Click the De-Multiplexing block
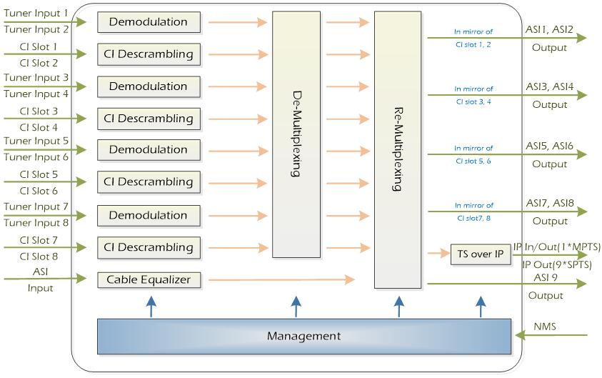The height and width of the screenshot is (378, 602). click(x=296, y=134)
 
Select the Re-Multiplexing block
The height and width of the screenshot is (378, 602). click(x=398, y=150)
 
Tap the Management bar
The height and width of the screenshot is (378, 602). click(x=303, y=336)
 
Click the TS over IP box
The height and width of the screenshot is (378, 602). click(x=481, y=254)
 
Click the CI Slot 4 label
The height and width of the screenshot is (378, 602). click(x=39, y=127)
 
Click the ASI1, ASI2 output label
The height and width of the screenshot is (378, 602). click(x=549, y=29)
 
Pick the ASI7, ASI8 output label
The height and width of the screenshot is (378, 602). click(x=549, y=203)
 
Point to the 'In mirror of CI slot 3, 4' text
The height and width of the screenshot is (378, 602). click(x=473, y=95)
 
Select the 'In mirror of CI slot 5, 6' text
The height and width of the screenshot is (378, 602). click(x=473, y=154)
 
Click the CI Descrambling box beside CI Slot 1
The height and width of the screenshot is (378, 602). click(x=149, y=54)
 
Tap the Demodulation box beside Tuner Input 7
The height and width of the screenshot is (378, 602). click(x=149, y=215)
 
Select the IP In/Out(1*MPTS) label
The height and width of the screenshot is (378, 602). click(x=557, y=247)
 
